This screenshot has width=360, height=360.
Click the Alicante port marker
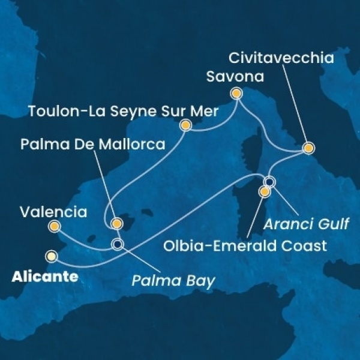coord(52,256)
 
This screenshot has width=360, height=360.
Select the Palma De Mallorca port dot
coord(116,224)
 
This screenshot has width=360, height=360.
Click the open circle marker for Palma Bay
coord(117,244)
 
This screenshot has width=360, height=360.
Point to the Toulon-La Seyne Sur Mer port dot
coord(186,125)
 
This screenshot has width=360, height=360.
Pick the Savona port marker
coord(236,94)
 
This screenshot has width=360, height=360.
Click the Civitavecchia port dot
coord(308,148)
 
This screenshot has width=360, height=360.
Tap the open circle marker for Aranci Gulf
coord(269,182)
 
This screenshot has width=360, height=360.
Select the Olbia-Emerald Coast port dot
coord(264,192)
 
